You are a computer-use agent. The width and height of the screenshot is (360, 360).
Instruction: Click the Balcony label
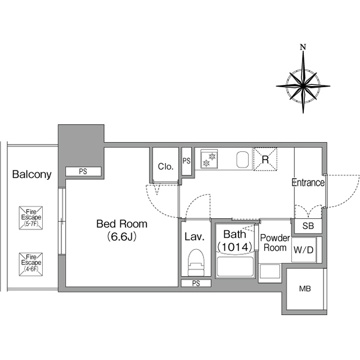[31, 174]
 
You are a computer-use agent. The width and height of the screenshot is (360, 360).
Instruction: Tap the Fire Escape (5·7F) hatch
[31, 218]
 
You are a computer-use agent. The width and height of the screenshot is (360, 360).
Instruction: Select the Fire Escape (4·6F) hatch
[31, 264]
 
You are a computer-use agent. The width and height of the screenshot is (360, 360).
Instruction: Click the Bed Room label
[121, 224]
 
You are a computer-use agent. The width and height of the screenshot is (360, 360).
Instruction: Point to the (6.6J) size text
[122, 236]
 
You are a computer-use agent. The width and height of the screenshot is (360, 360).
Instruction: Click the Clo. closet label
[165, 166]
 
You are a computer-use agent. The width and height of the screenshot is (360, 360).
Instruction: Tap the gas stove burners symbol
[209, 159]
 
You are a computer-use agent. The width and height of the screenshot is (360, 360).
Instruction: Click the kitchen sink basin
[242, 159]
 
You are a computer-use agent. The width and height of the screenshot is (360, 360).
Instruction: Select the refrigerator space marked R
[265, 159]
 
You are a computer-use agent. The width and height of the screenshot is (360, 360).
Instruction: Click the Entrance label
[308, 182]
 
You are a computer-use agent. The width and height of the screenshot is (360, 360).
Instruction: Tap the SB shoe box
[308, 226]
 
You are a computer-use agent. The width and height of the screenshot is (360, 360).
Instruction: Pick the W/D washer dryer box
[304, 250]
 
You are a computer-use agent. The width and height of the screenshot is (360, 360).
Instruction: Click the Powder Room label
[275, 243]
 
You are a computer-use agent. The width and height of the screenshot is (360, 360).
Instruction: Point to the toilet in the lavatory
[196, 262]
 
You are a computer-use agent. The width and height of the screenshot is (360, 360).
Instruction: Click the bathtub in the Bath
[235, 266]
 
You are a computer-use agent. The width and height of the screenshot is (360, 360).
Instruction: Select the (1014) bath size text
[235, 247]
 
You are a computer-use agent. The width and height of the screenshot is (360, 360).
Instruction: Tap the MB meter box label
[305, 289]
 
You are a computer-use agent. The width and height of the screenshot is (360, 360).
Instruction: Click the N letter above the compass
[303, 47]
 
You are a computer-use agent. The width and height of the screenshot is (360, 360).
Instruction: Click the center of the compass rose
[303, 86]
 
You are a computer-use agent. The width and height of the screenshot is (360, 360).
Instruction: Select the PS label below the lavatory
[196, 283]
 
